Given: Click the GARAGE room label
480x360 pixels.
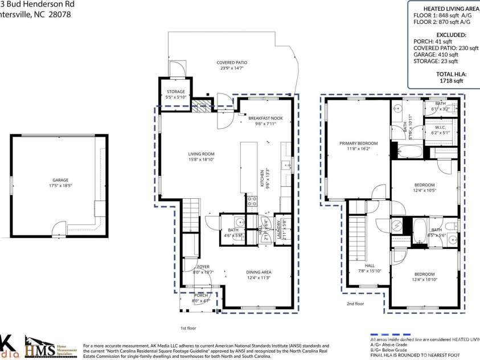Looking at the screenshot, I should (60, 179).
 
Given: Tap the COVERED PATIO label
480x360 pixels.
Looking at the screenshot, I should (232, 63).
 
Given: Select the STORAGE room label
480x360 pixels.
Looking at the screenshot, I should (175, 92).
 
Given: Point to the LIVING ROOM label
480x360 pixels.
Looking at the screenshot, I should (201, 154).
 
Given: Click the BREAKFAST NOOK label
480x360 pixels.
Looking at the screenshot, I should (265, 118).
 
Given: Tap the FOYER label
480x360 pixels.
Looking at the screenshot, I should (203, 267).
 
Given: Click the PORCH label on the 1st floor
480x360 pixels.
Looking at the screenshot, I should (201, 295).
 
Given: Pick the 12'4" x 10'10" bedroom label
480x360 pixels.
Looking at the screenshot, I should (424, 275).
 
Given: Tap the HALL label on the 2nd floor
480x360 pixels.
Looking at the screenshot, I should (370, 265).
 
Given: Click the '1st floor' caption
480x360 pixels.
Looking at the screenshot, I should (188, 329).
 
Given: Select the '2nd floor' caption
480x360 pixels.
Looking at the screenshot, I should (355, 304).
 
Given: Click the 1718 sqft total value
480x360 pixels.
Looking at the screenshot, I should (450, 81).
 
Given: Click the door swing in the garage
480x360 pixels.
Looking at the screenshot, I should (59, 230).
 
